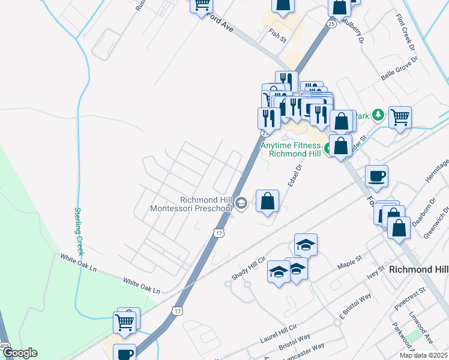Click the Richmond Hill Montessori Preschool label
point(206,204)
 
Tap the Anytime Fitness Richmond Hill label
point(291,149)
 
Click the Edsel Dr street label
point(294,176)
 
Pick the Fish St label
point(278,35)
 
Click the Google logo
point(19,353)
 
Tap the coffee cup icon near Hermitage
point(376,176)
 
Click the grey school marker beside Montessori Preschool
point(241,203)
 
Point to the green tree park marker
point(378,115)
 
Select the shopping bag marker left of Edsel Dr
point(267,202)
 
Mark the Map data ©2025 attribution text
point(424,355)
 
